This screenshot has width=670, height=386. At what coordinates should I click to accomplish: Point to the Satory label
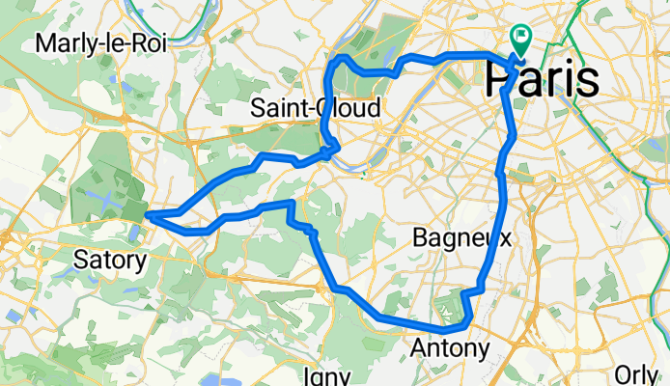(x=110, y=259)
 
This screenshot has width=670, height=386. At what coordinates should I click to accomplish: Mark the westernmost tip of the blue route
(x=147, y=215)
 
